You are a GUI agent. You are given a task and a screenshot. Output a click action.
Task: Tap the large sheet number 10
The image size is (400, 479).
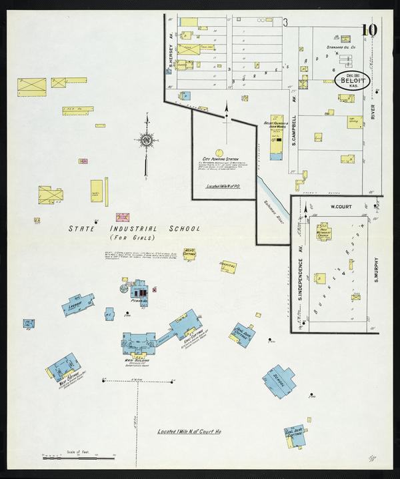tap(369, 29)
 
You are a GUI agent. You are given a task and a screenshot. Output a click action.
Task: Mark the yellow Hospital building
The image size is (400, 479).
tap(229, 266)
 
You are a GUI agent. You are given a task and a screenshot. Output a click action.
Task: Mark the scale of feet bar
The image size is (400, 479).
tap(79, 458)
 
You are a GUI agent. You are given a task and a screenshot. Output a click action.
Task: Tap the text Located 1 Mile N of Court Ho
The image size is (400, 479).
tap(189, 432)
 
